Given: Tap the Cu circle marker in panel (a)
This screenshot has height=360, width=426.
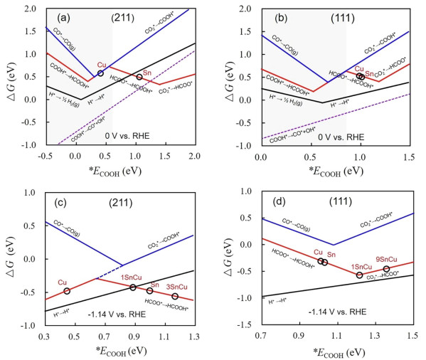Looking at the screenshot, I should pos(100,73).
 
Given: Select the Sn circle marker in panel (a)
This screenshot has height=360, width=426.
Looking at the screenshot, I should pos(139,77).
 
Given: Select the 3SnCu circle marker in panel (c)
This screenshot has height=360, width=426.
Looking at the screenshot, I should pos(175,296).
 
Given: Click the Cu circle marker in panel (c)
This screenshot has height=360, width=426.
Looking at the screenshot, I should pos(68,291).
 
